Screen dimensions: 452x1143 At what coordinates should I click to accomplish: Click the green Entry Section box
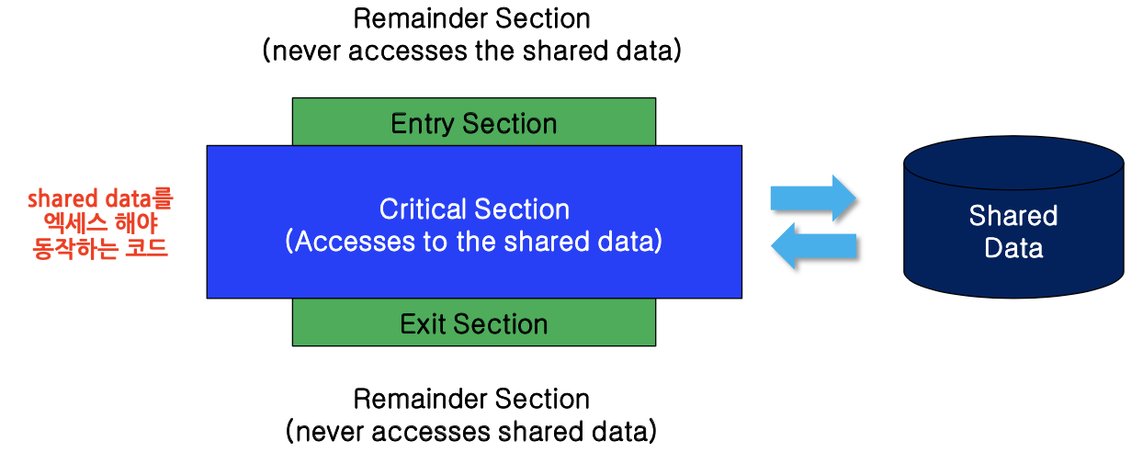pos(474,123)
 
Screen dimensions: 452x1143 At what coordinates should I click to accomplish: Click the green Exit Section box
pos(474,323)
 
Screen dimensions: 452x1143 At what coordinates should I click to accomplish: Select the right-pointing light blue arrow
pos(812,198)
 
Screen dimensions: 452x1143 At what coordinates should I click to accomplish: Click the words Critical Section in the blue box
pos(474,209)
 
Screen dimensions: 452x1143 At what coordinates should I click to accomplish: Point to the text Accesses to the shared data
pos(474,242)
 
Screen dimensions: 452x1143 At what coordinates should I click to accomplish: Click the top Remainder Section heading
pos(472,17)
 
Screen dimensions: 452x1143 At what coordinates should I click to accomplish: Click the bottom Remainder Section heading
pos(472,399)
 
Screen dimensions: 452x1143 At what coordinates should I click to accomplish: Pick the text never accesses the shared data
pos(472,50)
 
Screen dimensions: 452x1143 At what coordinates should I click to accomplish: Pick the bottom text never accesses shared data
pos(472,430)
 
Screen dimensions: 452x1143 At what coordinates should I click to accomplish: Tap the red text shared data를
pos(100,198)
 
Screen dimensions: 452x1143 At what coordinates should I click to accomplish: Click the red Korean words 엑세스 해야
pos(100,223)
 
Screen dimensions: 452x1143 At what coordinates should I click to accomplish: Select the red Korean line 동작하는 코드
pos(100,248)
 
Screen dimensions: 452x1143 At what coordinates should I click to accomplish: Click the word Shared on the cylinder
pos(1013,217)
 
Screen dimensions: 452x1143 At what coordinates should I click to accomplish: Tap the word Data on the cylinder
pos(1013,248)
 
